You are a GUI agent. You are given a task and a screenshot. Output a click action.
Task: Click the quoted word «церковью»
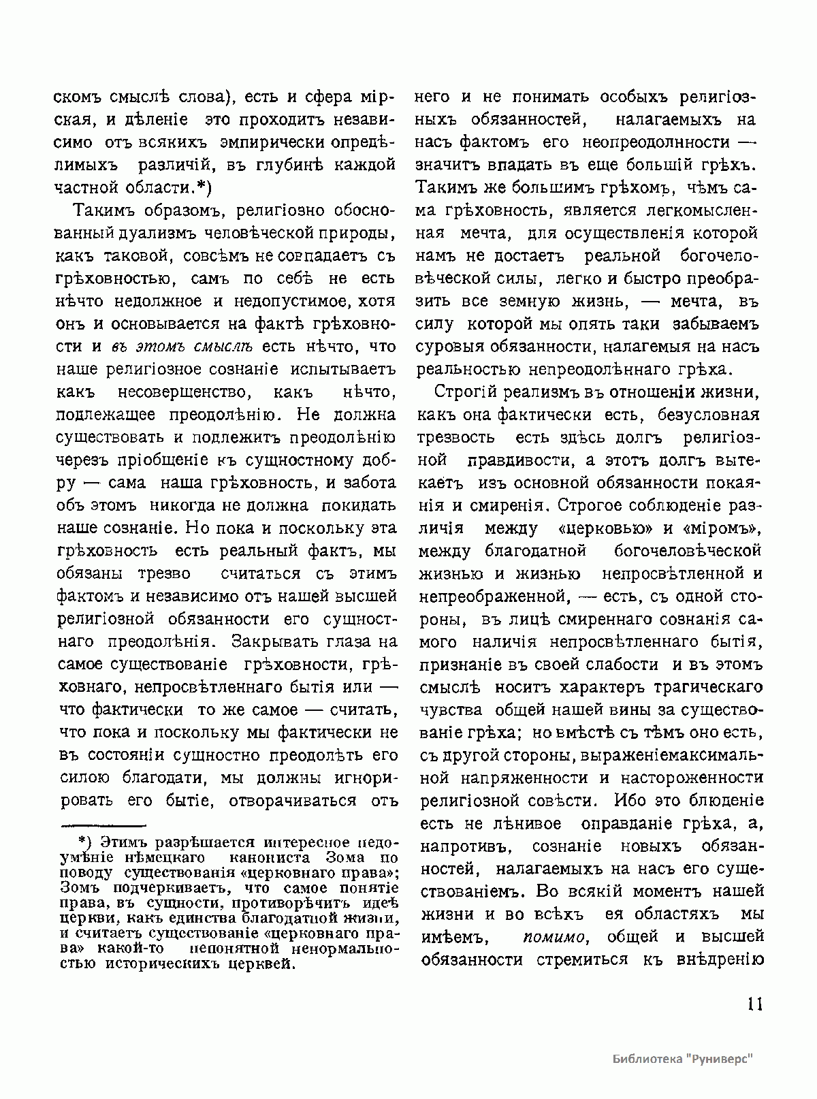click(605, 528)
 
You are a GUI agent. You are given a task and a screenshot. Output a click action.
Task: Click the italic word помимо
click(555, 937)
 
